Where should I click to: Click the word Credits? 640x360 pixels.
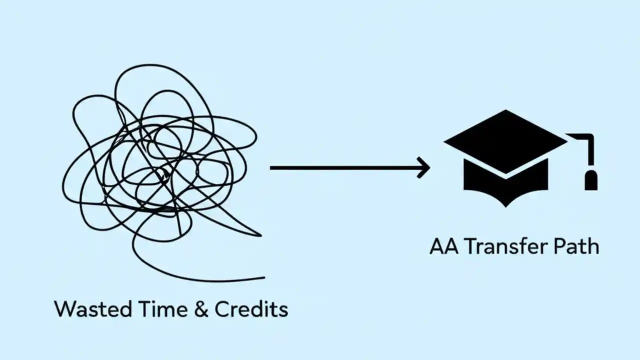[x=251, y=309]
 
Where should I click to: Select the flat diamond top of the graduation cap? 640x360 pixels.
[x=505, y=140]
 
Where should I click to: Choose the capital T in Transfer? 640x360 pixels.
[x=470, y=246]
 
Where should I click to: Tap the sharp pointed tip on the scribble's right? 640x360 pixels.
[x=260, y=234]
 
